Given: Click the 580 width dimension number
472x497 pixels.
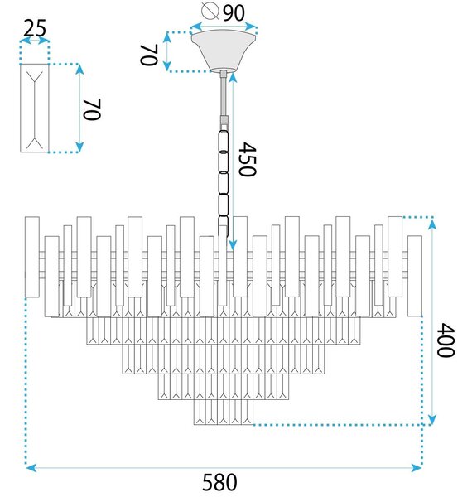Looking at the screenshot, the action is [219, 482].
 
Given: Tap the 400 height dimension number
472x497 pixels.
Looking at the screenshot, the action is [446, 340].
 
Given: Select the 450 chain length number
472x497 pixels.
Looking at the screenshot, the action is [247, 159].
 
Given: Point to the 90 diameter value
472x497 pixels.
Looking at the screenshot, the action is [234, 13].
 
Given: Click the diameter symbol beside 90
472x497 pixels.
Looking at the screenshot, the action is [210, 11].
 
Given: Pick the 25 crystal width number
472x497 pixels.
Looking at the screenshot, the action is [35, 28].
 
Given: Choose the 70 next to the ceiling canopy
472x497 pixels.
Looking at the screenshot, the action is [149, 55].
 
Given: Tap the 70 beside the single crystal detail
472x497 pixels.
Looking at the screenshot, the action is [92, 109].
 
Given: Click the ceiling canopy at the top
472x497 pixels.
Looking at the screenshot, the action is [224, 51].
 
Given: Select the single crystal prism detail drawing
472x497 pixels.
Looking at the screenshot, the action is [35, 108].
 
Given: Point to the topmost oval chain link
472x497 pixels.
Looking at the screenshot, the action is [224, 141].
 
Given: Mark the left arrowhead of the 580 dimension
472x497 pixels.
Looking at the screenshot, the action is [30, 467].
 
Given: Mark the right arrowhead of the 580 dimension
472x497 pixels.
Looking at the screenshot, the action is [417, 467].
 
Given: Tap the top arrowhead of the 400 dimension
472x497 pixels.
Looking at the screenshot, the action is [432, 224].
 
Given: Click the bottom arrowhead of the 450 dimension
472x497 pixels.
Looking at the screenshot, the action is [233, 244].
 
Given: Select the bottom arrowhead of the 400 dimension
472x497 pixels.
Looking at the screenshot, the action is [432, 419].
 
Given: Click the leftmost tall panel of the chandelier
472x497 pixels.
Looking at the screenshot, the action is [32, 257].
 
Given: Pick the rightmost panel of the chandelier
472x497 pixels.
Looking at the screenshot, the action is [415, 276].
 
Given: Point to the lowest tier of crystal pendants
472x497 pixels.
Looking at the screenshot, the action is [224, 412].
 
